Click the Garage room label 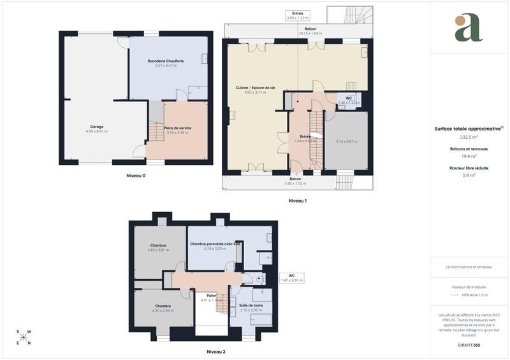pyautogui.click(x=97, y=126)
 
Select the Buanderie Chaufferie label pyautogui.click(x=166, y=61)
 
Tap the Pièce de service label pyautogui.click(x=177, y=128)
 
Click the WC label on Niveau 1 pyautogui.click(x=349, y=98)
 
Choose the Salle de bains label pyautogui.click(x=251, y=305)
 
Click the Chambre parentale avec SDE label pyautogui.click(x=215, y=243)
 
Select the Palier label pyautogui.click(x=211, y=295)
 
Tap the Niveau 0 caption pyautogui.click(x=135, y=175)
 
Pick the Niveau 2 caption pyautogui.click(x=216, y=351)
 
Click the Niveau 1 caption pyautogui.click(x=298, y=201)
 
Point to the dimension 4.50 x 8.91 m pyautogui.click(x=97, y=131)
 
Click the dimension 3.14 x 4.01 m pyautogui.click(x=347, y=141)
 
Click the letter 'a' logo pyautogui.click(x=469, y=28)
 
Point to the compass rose pyautogui.click(x=23, y=337)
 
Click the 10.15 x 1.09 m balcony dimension pyautogui.click(x=310, y=33)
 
